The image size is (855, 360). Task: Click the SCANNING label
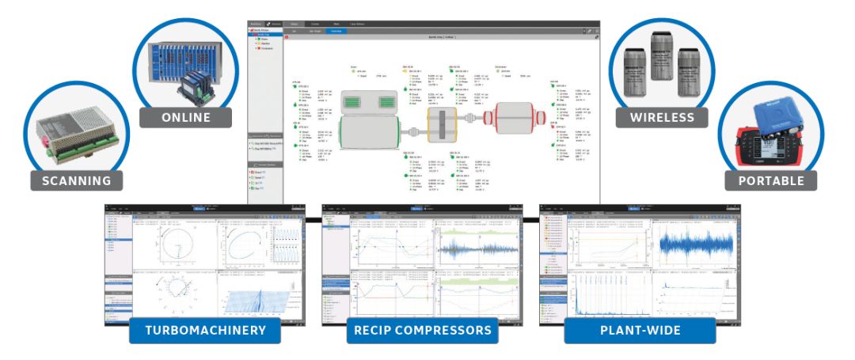tap(77, 180)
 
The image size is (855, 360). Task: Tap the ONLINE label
tap(185, 117)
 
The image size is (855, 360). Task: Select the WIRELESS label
tap(661, 117)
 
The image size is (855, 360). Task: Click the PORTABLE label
tap(770, 180)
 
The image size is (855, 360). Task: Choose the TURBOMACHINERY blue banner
tap(204, 330)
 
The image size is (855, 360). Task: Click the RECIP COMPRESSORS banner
tap(422, 330)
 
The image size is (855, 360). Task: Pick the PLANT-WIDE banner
tap(640, 330)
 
